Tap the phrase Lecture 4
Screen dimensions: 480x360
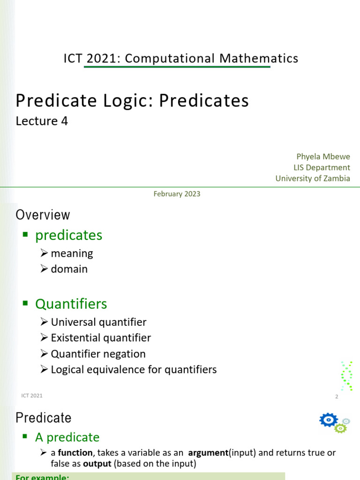pyautogui.click(x=42, y=121)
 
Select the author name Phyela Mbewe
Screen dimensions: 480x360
pyautogui.click(x=323, y=156)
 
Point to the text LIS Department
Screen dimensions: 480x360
pyautogui.click(x=322, y=167)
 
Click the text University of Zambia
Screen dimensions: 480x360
pyautogui.click(x=313, y=179)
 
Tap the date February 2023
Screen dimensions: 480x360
pyautogui.click(x=177, y=194)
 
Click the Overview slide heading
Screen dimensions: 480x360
pyautogui.click(x=43, y=215)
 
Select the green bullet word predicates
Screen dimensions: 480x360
pyautogui.click(x=68, y=235)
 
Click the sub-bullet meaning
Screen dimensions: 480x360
pyautogui.click(x=72, y=254)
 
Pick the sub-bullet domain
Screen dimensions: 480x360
pyautogui.click(x=69, y=269)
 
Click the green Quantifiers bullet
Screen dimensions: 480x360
pyautogui.click(x=71, y=304)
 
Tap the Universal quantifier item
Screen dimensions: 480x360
pyautogui.click(x=98, y=322)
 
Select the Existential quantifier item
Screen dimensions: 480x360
pyautogui.click(x=101, y=338)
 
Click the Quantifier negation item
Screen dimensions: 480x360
pyautogui.click(x=98, y=354)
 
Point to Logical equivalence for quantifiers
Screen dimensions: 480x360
pyautogui.click(x=134, y=369)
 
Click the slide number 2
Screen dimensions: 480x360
pyautogui.click(x=337, y=397)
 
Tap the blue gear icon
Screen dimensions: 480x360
pyautogui.click(x=328, y=420)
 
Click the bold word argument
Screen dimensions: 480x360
pyautogui.click(x=208, y=453)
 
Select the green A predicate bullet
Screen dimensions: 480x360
pyautogui.click(x=67, y=437)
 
